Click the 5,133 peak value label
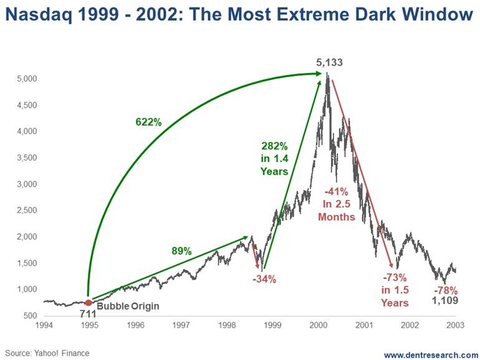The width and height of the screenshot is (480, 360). (x=329, y=63)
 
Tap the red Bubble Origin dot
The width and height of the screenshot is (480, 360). (x=89, y=303)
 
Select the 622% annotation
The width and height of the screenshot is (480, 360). (x=148, y=122)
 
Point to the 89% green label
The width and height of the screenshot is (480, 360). (x=181, y=251)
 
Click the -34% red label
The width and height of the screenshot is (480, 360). (x=264, y=279)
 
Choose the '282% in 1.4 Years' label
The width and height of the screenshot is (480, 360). (x=275, y=158)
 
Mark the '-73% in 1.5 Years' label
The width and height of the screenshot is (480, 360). (x=395, y=290)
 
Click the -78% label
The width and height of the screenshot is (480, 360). (x=446, y=290)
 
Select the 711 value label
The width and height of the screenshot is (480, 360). (x=87, y=314)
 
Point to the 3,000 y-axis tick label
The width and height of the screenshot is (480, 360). (x=29, y=184)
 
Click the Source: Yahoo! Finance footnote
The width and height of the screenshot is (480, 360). (x=47, y=353)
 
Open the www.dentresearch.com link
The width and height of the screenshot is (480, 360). (x=430, y=354)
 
